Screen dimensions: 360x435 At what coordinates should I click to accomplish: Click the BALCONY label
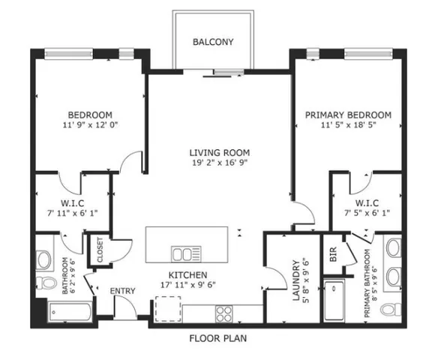[x=212, y=42]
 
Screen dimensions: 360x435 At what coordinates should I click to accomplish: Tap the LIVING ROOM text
[x=217, y=152]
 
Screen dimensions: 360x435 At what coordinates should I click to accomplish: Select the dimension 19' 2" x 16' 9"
[x=217, y=163]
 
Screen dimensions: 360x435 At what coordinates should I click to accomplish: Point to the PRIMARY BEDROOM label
[x=348, y=115]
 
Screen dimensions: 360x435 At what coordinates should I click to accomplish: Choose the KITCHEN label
[x=187, y=275]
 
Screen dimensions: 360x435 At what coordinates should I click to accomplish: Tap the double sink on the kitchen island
[x=183, y=252]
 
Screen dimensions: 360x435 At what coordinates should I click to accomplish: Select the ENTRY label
[x=122, y=291]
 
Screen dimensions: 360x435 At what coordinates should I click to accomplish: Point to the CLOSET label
[x=98, y=250]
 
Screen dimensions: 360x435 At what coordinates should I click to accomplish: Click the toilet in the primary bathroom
[x=389, y=310]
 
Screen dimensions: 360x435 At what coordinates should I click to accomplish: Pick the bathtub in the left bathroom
[x=68, y=313]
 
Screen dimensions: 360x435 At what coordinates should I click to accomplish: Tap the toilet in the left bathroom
[x=46, y=283]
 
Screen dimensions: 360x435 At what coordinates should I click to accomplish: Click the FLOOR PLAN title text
[x=217, y=338]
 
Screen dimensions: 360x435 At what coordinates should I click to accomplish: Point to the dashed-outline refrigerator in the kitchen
[x=169, y=310]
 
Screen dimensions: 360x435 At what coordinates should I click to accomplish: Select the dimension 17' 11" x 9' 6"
[x=187, y=286]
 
